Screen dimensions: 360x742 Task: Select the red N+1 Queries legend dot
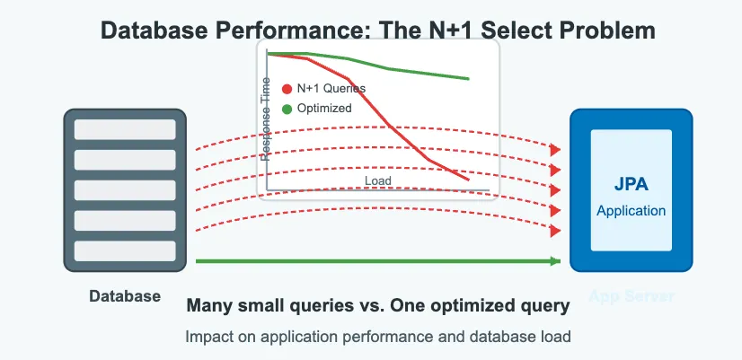click(287, 89)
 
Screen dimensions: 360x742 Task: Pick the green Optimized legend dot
click(287, 109)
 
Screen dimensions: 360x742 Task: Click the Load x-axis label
click(378, 181)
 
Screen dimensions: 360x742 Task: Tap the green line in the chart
click(395, 69)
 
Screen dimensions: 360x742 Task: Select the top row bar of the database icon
click(124, 129)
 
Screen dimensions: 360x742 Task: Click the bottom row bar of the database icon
click(124, 251)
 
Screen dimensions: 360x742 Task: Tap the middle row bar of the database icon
click(124, 190)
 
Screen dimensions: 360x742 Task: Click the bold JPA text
click(631, 186)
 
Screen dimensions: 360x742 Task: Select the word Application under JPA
click(631, 211)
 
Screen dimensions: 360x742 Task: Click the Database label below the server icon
click(125, 296)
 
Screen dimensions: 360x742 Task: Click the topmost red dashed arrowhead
click(556, 149)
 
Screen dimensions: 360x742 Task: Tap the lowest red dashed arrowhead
click(556, 230)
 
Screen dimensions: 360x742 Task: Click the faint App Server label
click(631, 297)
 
